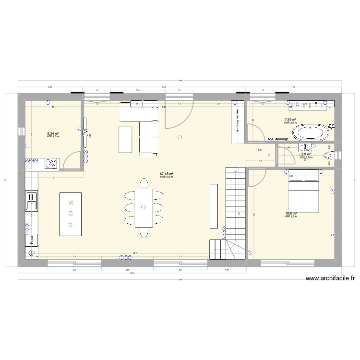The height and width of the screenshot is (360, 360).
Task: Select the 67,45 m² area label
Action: click(167, 174)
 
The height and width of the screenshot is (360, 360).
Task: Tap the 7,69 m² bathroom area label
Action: click(290, 120)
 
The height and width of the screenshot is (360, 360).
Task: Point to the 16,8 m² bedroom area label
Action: click(291, 214)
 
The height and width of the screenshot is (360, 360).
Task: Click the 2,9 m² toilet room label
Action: click(306, 154)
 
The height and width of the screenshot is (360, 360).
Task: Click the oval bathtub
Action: click(311, 133)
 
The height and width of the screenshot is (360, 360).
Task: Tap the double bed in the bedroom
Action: click(303, 192)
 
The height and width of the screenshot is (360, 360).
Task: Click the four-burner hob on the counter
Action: click(51, 164)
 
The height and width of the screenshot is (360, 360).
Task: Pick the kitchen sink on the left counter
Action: click(31, 201)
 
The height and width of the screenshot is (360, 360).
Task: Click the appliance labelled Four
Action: click(32, 240)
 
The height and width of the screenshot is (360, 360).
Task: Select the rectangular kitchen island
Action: click(70, 214)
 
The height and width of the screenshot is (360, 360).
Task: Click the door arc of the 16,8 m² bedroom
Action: click(255, 178)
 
